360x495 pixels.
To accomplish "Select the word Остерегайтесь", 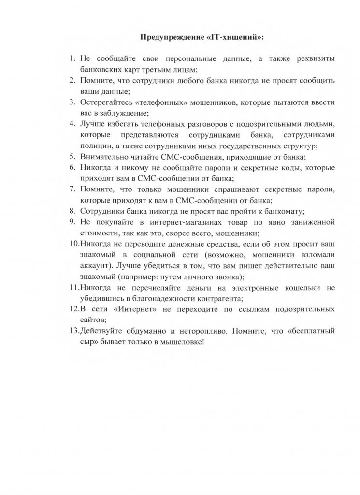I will click(108, 102).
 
